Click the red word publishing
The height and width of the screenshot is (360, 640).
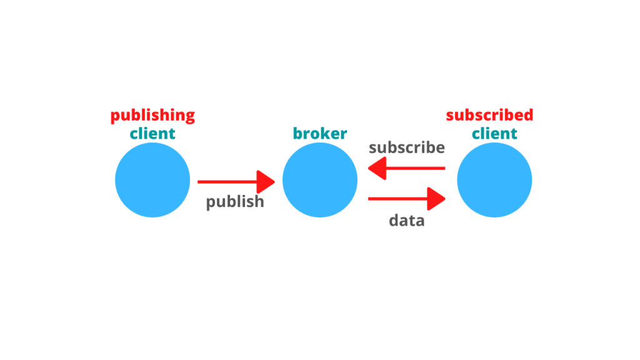point(152,116)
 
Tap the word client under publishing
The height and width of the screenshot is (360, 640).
point(152,134)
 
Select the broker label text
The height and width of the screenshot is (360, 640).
point(320,134)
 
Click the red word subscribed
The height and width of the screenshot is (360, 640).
point(489,115)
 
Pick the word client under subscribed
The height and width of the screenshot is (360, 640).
point(495,134)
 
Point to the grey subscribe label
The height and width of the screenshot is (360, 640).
point(406,147)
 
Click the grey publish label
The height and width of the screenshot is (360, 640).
point(235,202)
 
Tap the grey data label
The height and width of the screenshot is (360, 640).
point(406,221)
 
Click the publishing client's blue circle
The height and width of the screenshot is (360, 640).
point(152,180)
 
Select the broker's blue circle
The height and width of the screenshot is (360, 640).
point(320,180)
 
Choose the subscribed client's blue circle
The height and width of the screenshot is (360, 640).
point(495,180)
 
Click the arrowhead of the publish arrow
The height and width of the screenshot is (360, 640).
point(266,182)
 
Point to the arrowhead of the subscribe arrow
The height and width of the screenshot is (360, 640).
point(377,168)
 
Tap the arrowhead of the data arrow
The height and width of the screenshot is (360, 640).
point(436,199)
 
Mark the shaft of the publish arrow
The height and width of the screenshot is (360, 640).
point(227,182)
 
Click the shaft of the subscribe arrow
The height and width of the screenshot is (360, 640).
point(416,168)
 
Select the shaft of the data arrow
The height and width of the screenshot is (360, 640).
point(398,199)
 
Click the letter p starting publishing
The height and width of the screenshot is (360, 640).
point(115,117)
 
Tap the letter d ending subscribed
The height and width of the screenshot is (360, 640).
point(528,115)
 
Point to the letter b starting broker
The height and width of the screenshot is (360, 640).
point(298,134)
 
